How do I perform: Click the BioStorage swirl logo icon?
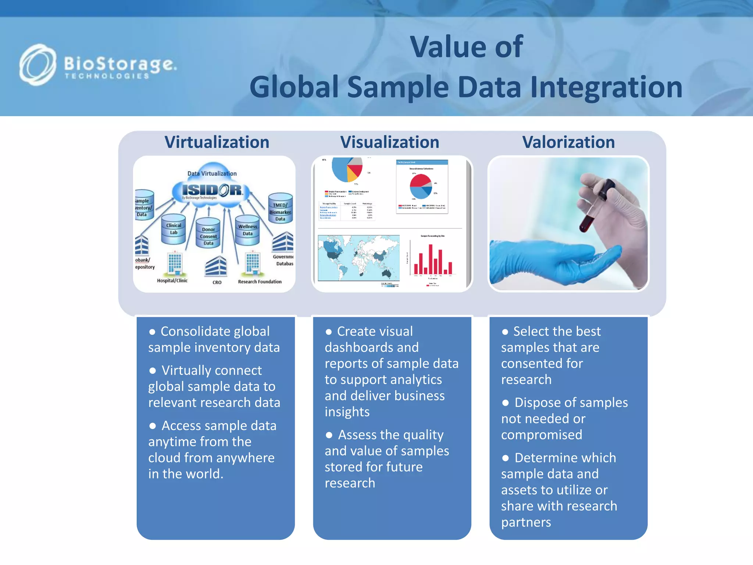coord(38,65)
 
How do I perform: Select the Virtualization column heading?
coord(217,142)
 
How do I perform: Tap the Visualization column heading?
coord(389,142)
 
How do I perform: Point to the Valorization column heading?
coord(568,142)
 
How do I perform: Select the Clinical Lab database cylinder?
coord(174,230)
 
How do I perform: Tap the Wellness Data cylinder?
coord(247,230)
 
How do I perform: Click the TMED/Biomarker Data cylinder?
coord(280,209)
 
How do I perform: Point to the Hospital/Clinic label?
coord(172,281)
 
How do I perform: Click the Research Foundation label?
coord(260,282)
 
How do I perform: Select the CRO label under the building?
coord(217,282)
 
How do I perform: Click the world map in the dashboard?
coord(358,257)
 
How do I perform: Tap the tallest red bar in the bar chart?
coord(431,259)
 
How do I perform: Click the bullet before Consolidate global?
coord(152,332)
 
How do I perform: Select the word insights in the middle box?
coord(347,412)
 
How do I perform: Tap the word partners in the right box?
coord(526,522)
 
